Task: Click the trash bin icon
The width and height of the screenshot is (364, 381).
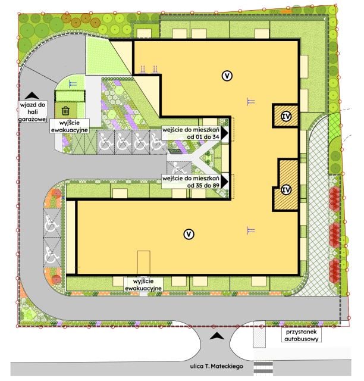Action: (65, 111)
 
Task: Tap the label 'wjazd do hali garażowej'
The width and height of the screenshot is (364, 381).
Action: (33, 112)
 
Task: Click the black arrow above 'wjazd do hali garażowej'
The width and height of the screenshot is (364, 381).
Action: (32, 95)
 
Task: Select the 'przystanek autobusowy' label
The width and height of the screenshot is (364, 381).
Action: (302, 335)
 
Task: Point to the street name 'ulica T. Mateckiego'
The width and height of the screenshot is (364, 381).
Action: (216, 366)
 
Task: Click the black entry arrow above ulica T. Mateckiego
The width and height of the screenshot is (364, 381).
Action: (217, 336)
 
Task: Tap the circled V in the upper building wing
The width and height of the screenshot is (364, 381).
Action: (227, 76)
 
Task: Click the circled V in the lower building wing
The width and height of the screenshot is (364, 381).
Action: (189, 234)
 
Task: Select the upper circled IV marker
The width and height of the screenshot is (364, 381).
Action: (286, 117)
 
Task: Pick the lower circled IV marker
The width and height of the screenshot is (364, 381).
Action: (286, 189)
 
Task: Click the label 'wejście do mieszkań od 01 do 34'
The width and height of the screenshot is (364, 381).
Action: (191, 133)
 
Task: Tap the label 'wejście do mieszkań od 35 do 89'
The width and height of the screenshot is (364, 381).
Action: (191, 182)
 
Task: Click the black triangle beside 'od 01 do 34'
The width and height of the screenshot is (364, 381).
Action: (224, 133)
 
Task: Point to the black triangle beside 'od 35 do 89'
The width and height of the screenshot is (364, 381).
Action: (224, 182)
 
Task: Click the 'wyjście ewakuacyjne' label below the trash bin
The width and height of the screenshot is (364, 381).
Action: (70, 126)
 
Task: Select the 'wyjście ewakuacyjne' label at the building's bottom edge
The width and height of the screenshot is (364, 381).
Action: (143, 285)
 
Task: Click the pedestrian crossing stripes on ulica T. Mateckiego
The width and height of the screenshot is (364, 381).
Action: (263, 368)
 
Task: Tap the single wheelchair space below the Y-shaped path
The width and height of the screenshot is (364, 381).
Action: (179, 168)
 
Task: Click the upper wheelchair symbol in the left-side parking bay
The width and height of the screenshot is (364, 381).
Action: (52, 224)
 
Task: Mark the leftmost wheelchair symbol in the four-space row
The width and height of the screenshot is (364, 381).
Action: (106, 143)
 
